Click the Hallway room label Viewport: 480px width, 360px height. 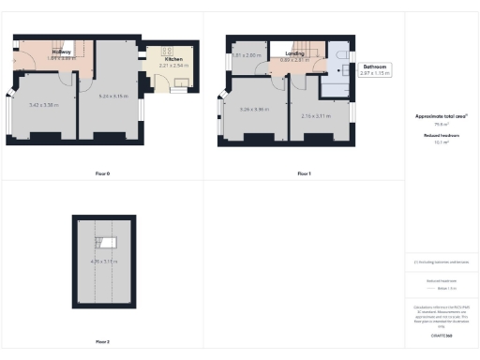point(64,52)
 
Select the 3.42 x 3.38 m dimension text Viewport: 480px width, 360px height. point(44,105)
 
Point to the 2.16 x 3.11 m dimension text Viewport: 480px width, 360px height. point(318,115)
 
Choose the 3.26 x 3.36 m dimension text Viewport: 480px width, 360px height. point(254,110)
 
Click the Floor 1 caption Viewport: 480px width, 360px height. point(304,173)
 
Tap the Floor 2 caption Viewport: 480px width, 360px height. point(102,341)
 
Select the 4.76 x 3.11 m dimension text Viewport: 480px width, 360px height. point(104,262)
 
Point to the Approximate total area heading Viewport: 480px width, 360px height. point(441,116)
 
